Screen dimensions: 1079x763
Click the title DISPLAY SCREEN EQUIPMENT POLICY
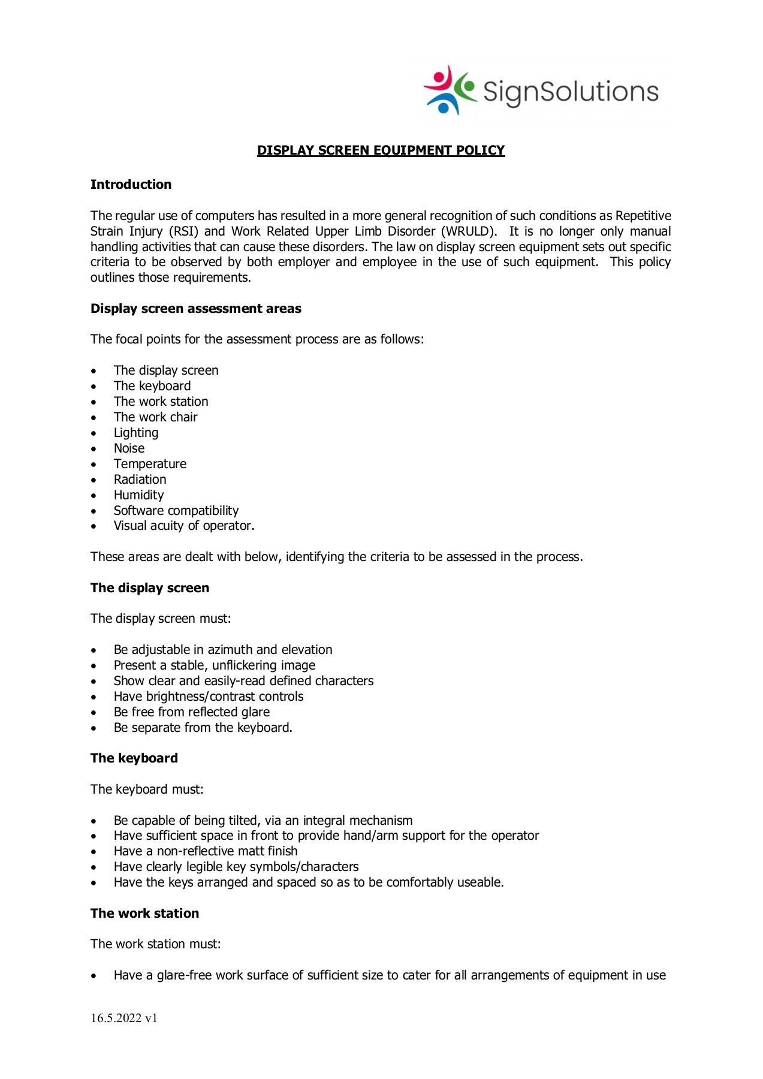coord(381,150)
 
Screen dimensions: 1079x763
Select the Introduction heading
coord(131,185)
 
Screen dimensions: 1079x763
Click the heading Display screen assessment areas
coord(195,309)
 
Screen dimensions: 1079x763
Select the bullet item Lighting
coord(136,433)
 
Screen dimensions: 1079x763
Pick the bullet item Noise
coord(129,448)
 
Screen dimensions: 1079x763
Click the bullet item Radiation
coord(140,480)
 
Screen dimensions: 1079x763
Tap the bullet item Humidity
coord(138,495)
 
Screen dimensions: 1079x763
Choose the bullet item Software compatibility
coord(176,511)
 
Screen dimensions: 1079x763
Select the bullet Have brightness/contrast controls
coord(208,697)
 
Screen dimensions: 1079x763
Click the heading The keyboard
coord(134,758)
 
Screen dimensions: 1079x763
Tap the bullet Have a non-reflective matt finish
coord(205,851)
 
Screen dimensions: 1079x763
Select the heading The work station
coord(144,914)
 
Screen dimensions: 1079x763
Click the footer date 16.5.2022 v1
coord(123,1018)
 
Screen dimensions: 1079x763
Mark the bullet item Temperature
coord(150,464)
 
